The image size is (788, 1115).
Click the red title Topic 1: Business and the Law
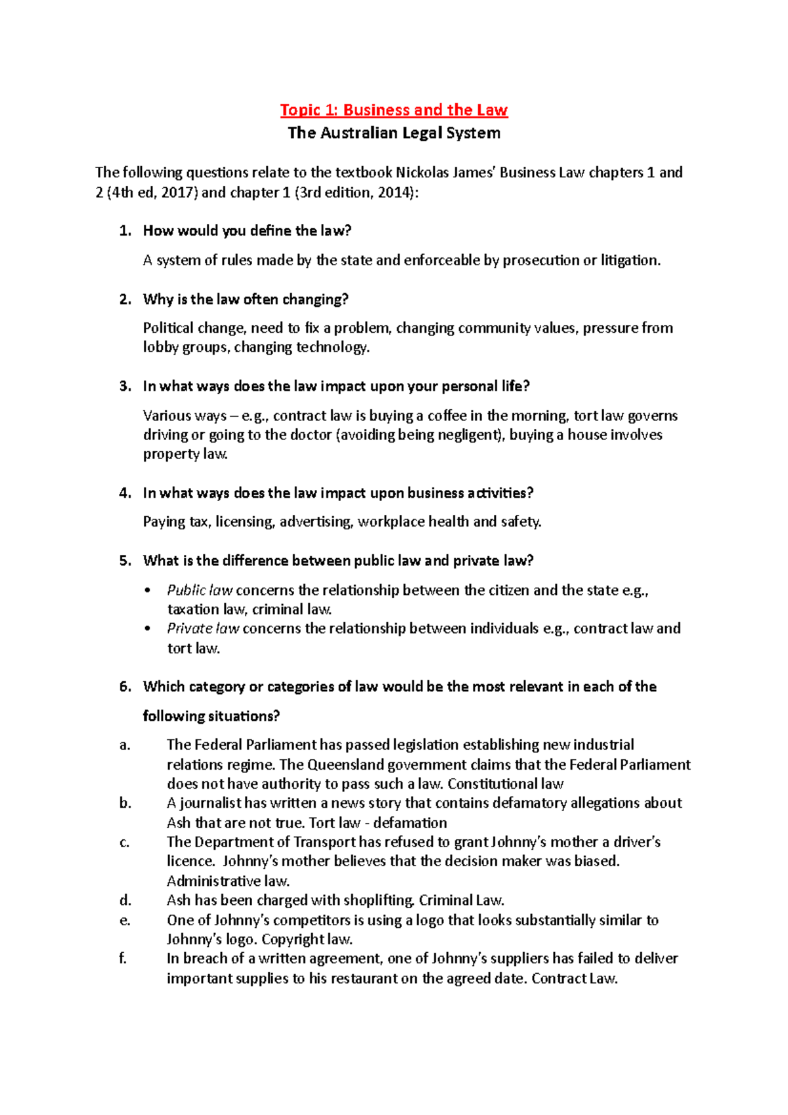point(394,110)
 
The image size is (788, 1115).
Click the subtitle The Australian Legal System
point(394,133)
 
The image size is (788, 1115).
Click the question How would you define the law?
point(247,230)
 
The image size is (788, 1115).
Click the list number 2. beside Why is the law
point(125,299)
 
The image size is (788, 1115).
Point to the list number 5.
point(125,561)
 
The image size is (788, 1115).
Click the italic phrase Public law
point(200,590)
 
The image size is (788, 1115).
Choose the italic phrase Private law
point(203,628)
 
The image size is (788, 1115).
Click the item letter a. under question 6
point(125,745)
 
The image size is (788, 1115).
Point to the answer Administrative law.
point(228,881)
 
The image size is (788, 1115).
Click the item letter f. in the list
point(123,959)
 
